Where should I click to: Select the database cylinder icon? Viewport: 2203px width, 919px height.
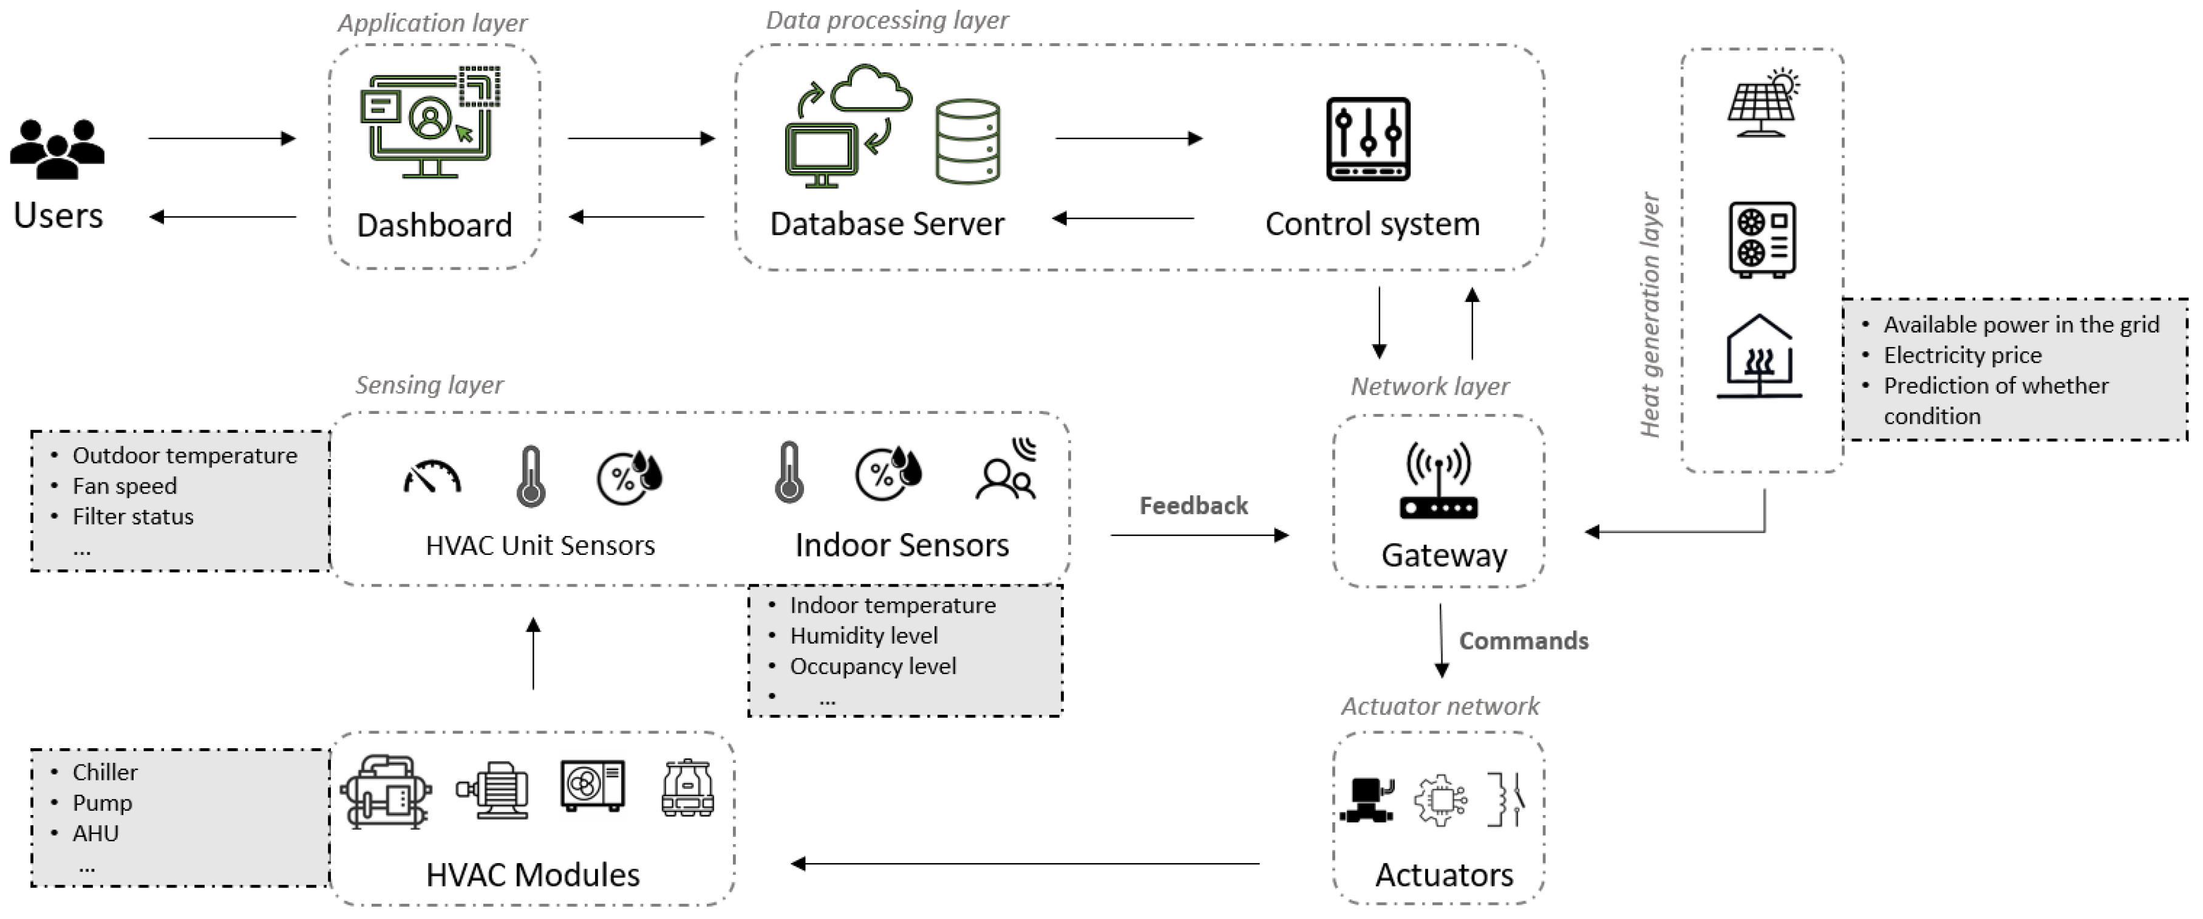(967, 141)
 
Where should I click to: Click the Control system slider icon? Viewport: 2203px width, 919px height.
(1367, 139)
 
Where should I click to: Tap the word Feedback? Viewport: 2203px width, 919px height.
(1193, 506)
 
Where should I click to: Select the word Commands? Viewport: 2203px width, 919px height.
(1523, 641)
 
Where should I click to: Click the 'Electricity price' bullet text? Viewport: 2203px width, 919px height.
(1962, 355)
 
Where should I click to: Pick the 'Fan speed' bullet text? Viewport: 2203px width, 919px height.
(125, 486)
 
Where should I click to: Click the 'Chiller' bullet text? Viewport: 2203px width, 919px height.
(104, 772)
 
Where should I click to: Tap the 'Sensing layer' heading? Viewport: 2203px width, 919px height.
(429, 385)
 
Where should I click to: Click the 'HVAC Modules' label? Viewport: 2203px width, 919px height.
(532, 875)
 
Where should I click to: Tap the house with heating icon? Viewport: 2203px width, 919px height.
(1759, 357)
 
